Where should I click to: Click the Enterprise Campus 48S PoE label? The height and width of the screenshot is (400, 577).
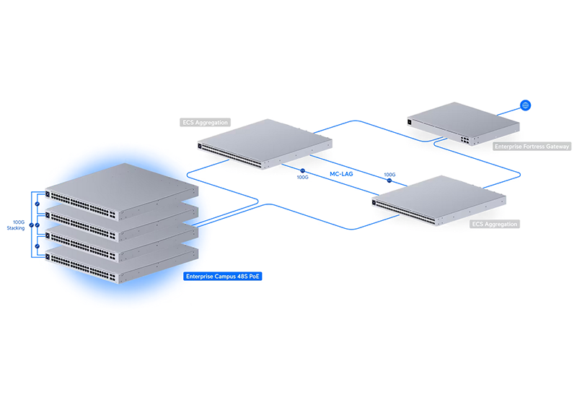222,277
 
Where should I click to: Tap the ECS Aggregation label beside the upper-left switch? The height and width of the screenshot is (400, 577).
205,122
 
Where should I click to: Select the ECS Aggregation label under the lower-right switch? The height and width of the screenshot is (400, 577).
495,224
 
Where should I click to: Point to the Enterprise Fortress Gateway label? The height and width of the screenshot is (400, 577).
532,147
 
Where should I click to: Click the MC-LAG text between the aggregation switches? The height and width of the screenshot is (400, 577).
341,174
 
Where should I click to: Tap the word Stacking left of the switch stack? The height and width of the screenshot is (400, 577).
16,228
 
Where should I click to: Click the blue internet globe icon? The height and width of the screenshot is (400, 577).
526,105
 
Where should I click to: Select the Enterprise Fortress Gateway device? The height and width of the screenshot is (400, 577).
463,123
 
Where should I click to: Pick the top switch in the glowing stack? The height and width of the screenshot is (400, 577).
121,191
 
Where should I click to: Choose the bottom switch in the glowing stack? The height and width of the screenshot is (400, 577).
121,264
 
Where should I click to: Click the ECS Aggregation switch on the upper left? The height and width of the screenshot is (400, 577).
265,144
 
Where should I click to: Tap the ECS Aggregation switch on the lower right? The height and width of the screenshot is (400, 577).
439,200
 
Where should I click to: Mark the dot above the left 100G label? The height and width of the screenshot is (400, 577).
302,170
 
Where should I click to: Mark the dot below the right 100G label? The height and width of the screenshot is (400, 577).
389,181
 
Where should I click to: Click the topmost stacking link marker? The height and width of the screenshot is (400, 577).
38,204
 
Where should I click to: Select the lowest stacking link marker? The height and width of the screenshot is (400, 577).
38,245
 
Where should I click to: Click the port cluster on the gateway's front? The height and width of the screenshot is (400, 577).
464,140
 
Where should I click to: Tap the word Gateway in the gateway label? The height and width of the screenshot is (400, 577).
557,147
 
